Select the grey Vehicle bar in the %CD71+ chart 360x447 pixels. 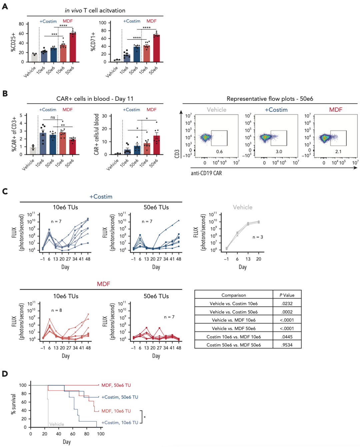117,61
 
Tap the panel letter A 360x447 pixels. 5,7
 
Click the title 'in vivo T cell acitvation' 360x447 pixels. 95,10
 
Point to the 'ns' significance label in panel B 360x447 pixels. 53,117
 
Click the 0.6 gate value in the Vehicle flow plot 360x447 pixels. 219,151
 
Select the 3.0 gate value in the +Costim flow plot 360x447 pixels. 279,151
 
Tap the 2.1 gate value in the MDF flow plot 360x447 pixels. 338,151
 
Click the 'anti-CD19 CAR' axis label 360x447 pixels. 206,173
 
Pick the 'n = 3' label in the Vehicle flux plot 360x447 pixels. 258,237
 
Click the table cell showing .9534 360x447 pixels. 287,345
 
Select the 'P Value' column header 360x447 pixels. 287,295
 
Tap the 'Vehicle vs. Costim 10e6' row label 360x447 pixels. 234,304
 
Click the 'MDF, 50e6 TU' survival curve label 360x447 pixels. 116,385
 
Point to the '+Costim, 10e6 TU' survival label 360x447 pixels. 120,423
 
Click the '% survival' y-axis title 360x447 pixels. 13,404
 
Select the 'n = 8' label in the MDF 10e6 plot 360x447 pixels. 56,310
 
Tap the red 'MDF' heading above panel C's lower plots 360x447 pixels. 103,284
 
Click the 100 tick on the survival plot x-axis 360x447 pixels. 101,434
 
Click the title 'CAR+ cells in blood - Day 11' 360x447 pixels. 95,99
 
